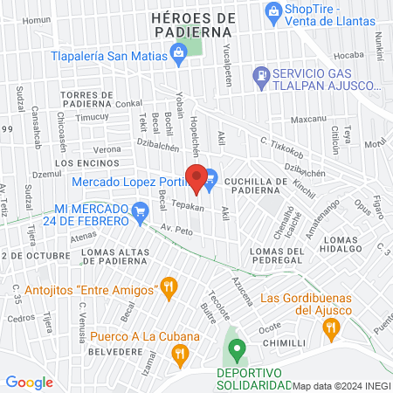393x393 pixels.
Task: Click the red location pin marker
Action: (x=198, y=178)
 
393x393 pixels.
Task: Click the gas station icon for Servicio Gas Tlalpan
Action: (x=259, y=76)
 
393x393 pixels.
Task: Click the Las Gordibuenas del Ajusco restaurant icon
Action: (x=330, y=328)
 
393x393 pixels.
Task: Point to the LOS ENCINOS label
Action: (x=79, y=163)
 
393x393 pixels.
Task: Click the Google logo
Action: (x=29, y=382)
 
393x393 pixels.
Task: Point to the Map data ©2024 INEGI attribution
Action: (x=341, y=386)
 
